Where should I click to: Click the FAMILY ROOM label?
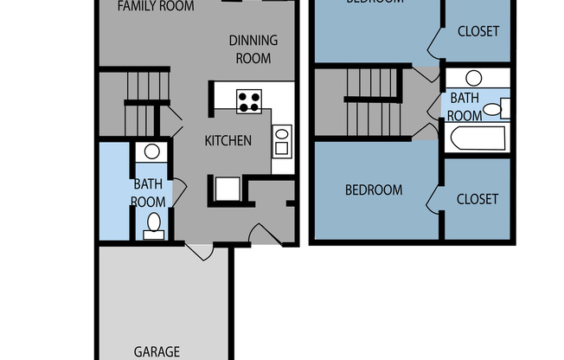coord(156,6)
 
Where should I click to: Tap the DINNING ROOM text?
coord(253,49)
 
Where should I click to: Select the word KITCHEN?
coord(228,140)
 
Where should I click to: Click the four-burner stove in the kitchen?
coord(249,101)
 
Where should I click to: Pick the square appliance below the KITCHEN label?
coord(228,189)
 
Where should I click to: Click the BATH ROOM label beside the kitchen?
coord(148,192)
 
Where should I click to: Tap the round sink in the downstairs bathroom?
coord(152,151)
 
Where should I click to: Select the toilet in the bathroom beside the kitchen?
coord(153,224)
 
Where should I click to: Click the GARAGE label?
coord(157,352)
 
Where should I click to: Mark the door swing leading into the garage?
coord(200,251)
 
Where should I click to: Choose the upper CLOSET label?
coord(477,31)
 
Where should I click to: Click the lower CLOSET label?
coord(477,199)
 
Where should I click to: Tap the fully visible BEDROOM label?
coord(374,190)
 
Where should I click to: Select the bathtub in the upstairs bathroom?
coord(476,139)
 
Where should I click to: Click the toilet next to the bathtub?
coord(494,109)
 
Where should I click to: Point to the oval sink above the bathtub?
coord(473,78)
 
